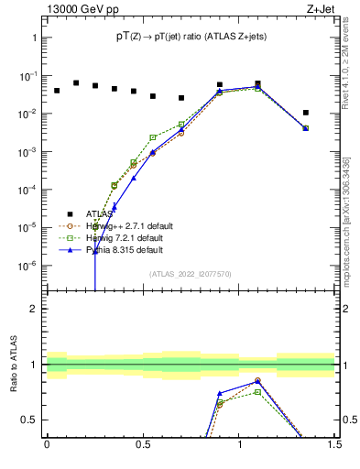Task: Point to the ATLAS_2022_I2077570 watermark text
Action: click(190, 273)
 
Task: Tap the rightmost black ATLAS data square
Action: click(306, 113)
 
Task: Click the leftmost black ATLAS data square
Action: click(57, 91)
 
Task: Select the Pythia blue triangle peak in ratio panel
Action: click(257, 380)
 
